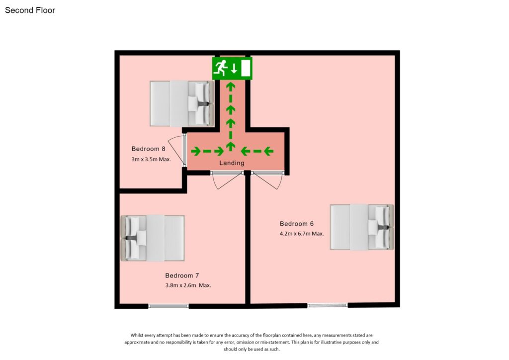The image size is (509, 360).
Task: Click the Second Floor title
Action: [x=30, y=10]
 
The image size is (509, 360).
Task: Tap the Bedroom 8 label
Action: [x=148, y=149]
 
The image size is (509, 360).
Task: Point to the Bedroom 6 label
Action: [x=296, y=224]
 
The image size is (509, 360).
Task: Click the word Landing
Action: [x=232, y=163]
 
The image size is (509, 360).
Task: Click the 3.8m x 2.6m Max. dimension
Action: [x=188, y=285]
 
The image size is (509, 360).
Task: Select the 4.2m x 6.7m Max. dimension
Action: [x=302, y=233]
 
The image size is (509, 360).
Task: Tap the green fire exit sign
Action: [x=233, y=68]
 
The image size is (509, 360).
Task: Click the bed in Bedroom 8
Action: [x=182, y=103]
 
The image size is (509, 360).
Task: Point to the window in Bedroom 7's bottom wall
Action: [x=169, y=306]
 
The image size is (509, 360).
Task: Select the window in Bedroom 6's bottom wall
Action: [x=327, y=305]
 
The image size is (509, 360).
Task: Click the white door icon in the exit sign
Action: [x=245, y=69]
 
